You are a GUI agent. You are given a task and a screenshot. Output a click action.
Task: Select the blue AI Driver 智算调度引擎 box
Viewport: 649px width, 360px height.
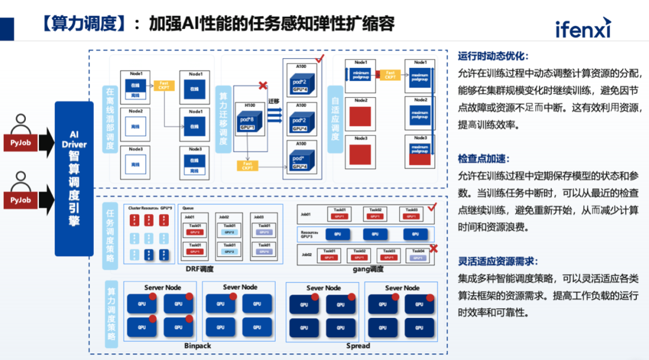click(74, 178)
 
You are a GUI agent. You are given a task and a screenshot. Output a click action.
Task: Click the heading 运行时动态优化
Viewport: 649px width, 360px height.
click(493, 56)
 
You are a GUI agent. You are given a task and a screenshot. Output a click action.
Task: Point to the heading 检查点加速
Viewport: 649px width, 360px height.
click(484, 159)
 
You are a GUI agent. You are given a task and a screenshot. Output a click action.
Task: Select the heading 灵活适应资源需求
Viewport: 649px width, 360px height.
click(498, 262)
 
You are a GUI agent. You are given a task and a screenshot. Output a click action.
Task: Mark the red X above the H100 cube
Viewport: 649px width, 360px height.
click(262, 86)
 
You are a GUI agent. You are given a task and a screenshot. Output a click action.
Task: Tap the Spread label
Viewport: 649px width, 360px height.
click(358, 346)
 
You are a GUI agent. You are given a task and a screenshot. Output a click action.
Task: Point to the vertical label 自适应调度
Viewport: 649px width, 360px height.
click(335, 120)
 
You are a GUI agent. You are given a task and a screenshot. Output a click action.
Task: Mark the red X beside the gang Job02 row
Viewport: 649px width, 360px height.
click(433, 249)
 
